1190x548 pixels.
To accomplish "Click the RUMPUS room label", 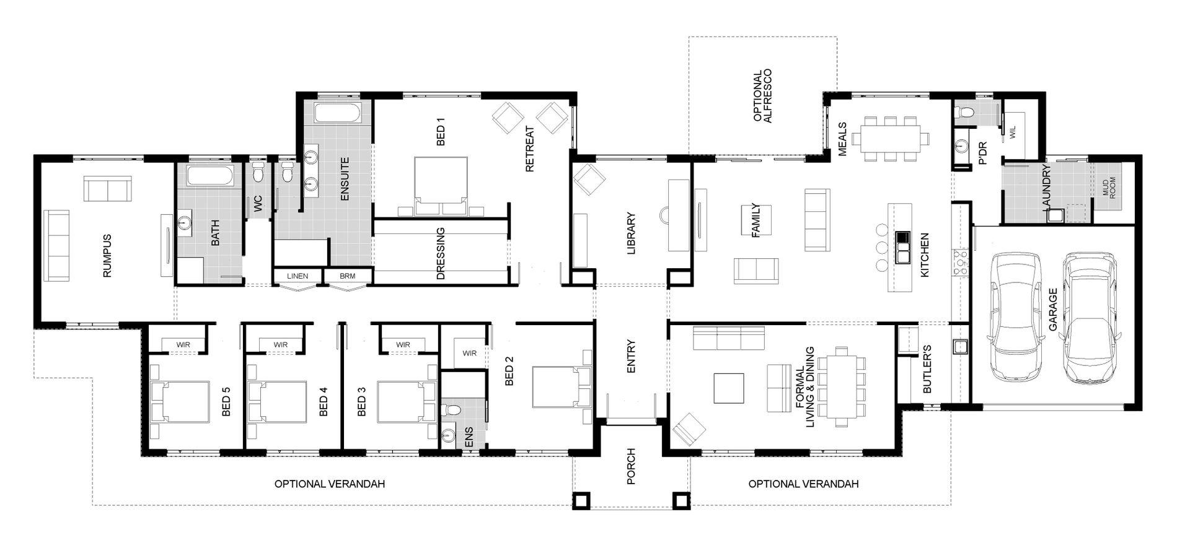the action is tap(107, 255).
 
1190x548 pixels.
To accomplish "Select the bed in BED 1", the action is tap(441, 186).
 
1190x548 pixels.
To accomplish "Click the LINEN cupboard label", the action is tap(297, 276).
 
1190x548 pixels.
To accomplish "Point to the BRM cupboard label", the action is tap(348, 276).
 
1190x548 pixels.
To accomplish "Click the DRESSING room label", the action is tap(441, 253).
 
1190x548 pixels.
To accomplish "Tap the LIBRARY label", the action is tap(632, 234).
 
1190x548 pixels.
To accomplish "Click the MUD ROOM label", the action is tap(1109, 187).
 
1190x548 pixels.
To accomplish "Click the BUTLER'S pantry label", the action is tap(927, 369).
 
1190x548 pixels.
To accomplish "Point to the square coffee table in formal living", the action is tap(729, 388).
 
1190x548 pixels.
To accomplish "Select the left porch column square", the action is tap(581, 500).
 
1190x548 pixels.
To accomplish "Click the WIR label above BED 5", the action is tap(183, 345).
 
